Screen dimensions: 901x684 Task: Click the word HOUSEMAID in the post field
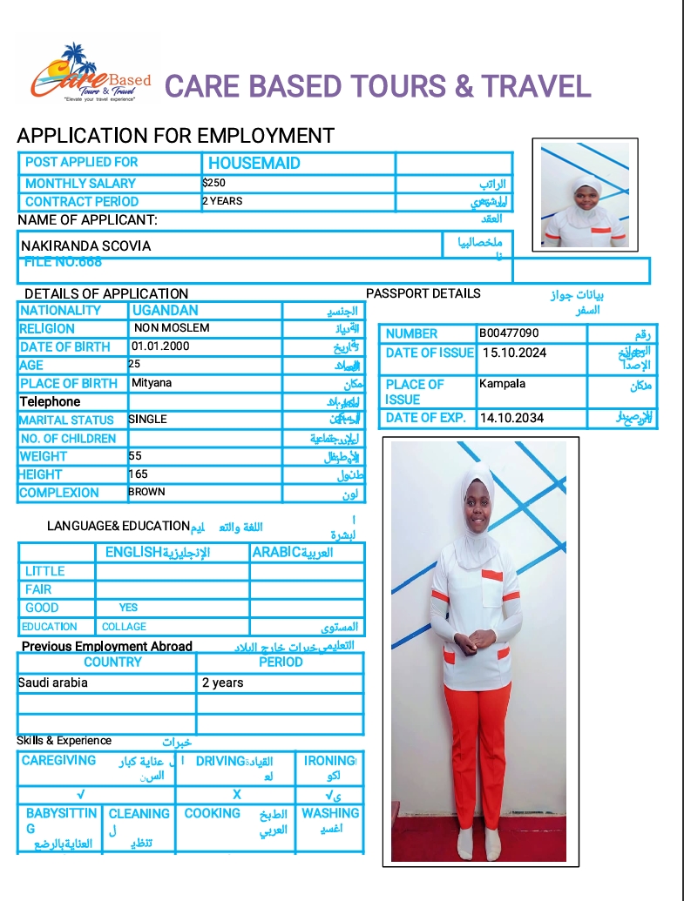point(254,163)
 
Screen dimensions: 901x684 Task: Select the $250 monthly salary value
point(213,183)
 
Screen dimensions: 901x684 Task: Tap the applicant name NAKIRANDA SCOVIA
point(85,245)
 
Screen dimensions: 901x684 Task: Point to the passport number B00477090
point(509,333)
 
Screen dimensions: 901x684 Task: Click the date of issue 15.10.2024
point(513,353)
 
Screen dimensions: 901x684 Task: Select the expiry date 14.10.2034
point(511,418)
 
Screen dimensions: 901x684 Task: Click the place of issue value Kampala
point(502,383)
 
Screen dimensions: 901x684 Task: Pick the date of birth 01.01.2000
point(160,346)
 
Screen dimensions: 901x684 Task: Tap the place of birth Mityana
point(152,383)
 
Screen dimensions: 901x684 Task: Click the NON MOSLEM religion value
point(172,328)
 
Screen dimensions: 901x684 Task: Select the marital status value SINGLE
point(147,419)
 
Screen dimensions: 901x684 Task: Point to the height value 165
point(138,474)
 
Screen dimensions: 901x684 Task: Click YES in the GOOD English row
point(128,608)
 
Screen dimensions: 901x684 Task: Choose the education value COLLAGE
point(124,627)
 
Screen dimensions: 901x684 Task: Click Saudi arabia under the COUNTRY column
point(53,682)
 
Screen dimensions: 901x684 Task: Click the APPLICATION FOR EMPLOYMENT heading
point(175,135)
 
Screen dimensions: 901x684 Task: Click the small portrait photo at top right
point(585,194)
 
